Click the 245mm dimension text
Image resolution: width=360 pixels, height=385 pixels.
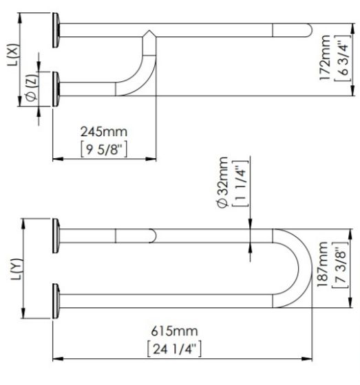(104, 132)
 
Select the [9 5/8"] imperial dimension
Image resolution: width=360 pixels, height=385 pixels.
(104, 149)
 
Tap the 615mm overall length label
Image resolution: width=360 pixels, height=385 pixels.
(174, 331)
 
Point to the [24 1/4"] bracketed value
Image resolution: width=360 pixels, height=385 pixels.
(174, 349)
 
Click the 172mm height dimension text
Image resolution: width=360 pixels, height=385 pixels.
(325, 58)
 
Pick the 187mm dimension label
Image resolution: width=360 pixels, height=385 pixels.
(322, 264)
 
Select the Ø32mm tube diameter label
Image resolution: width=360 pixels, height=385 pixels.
(223, 182)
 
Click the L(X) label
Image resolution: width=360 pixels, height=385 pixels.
(13, 55)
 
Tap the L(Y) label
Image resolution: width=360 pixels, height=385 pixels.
(17, 269)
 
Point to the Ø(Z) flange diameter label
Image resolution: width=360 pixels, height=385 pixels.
(32, 87)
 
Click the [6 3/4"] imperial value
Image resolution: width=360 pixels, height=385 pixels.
(342, 58)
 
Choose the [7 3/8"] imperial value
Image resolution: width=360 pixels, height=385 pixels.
(340, 265)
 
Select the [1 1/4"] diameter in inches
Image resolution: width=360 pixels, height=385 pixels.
(240, 184)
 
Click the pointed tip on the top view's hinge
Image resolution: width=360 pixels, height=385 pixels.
(149, 30)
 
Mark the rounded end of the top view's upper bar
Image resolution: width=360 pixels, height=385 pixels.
(309, 30)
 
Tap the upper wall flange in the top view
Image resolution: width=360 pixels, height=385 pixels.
(56, 30)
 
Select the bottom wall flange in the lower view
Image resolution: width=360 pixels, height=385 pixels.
(56, 301)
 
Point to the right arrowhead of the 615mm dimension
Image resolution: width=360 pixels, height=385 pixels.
(307, 359)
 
